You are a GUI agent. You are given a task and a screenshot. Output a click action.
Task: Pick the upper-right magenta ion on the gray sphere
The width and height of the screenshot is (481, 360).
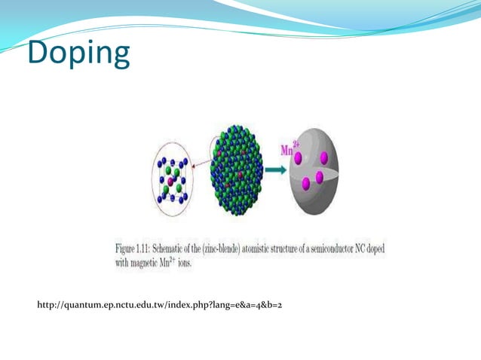323,158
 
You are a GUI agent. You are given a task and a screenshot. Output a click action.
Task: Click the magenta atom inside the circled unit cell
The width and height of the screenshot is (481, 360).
173,182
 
